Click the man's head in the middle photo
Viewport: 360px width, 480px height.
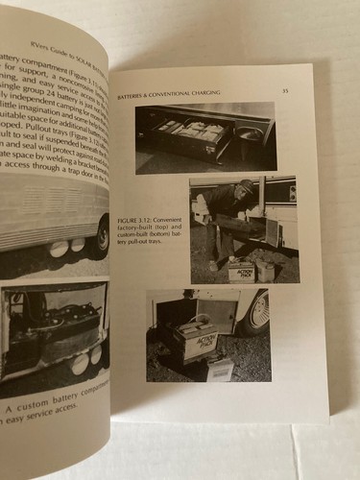click(247, 187)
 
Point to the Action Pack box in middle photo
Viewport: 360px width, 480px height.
click(241, 271)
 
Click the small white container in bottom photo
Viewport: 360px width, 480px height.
click(220, 370)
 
